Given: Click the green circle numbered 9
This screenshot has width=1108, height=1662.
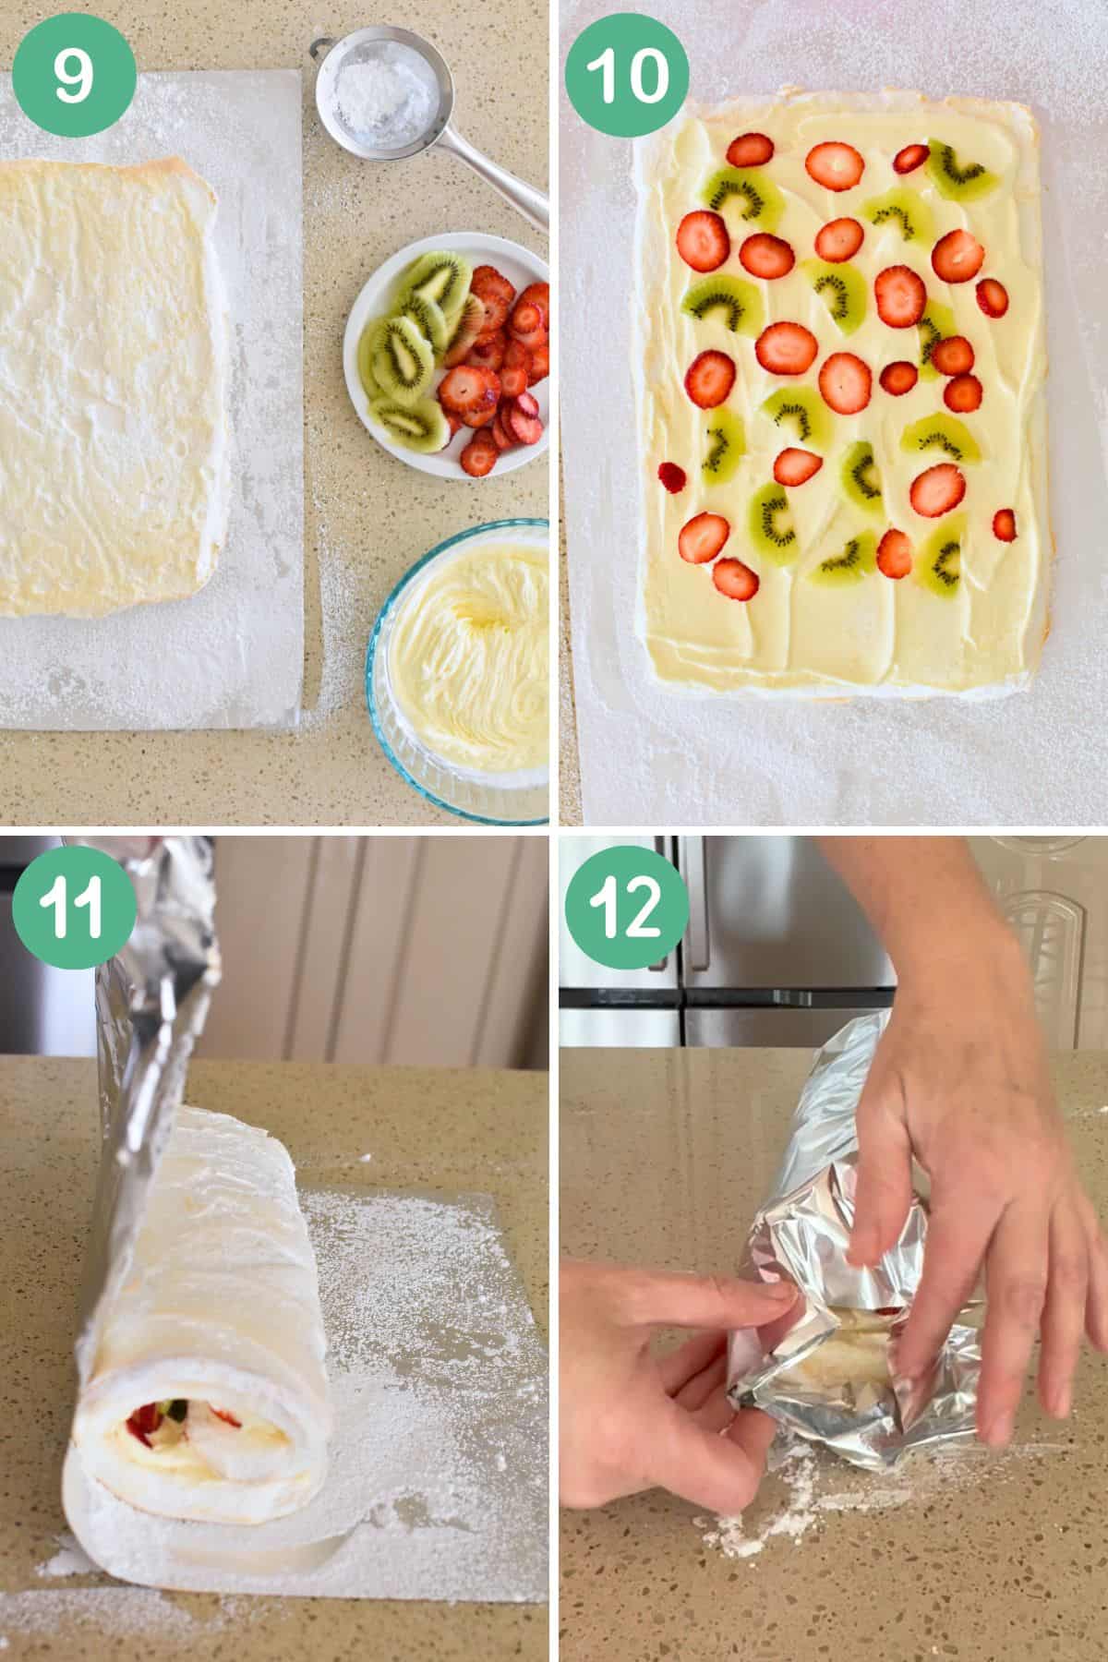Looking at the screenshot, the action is (x=73, y=75).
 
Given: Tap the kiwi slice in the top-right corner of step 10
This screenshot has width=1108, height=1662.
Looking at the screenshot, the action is (x=964, y=169).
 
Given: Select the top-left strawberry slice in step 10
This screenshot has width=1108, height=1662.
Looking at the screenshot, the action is (x=749, y=149).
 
